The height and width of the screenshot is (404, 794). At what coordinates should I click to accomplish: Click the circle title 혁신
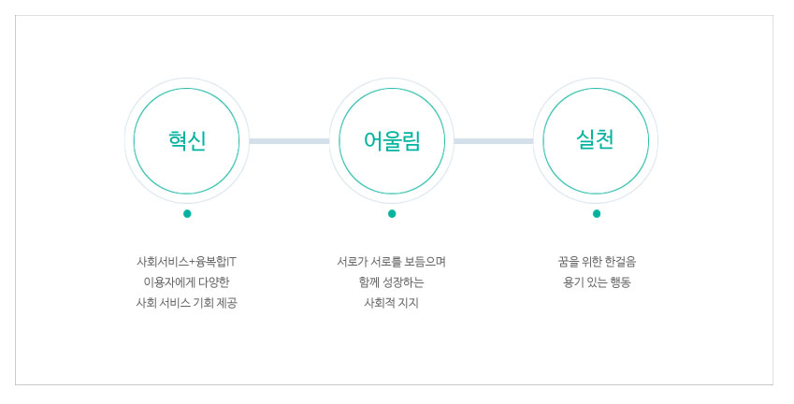coord(187,140)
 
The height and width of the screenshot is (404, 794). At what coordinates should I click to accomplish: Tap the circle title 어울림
coord(392,140)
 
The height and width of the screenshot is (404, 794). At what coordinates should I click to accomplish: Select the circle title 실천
coord(596,139)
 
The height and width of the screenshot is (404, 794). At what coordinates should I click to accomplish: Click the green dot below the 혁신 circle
coord(187,213)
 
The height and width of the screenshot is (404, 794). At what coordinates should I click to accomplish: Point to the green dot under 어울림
coord(392,213)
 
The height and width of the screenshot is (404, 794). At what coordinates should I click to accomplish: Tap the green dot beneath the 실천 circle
coord(596,213)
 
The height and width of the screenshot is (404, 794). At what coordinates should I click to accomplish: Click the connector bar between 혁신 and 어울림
coord(289,141)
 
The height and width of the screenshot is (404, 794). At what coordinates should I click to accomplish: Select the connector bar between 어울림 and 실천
coord(494,141)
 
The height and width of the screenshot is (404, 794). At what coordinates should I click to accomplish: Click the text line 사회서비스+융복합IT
coord(186,262)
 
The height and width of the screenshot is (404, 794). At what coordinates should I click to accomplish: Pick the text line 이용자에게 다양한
coord(186,282)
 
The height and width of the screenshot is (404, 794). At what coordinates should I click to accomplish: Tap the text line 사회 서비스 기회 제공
coord(186,303)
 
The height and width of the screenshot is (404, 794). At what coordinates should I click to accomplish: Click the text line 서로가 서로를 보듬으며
coord(392,262)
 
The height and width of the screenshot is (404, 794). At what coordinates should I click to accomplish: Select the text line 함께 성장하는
coord(392,282)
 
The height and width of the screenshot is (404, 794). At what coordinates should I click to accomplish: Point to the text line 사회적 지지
coord(392,303)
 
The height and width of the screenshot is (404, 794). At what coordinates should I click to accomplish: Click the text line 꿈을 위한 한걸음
coord(597,262)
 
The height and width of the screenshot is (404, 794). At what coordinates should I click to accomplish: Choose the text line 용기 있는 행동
coord(597,282)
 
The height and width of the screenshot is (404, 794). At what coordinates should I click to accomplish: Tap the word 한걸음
coord(620,262)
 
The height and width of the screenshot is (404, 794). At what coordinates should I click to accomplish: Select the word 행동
coord(620,282)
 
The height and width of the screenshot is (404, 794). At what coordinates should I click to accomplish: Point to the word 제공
coord(227,303)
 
